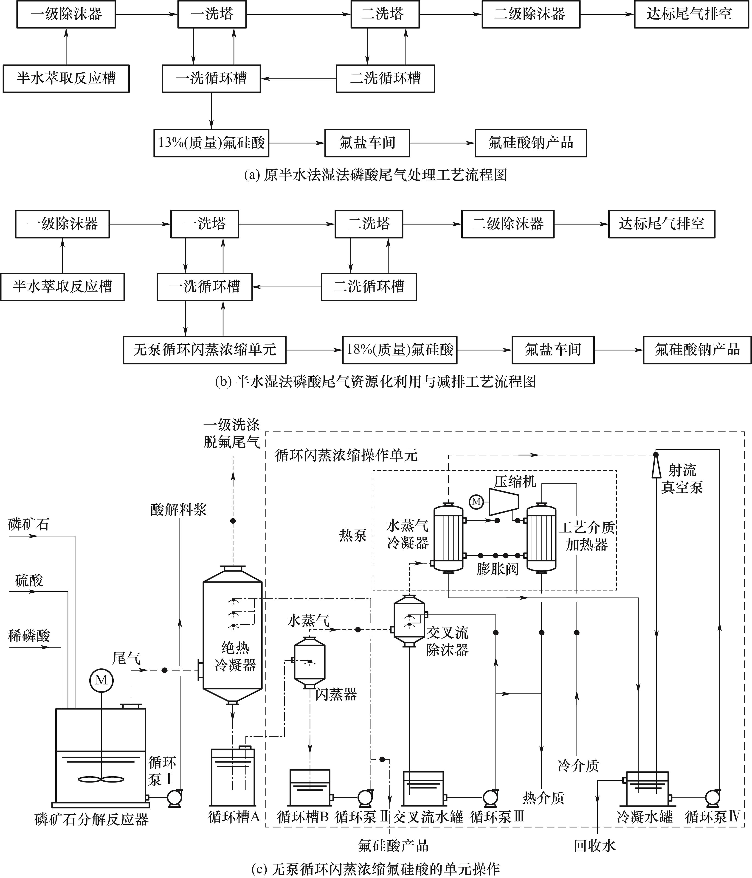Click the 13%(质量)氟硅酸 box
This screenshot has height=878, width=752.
pyautogui.click(x=211, y=143)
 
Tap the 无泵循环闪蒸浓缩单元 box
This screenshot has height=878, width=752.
pyautogui.click(x=204, y=350)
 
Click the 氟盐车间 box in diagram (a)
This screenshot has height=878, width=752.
pyautogui.click(x=367, y=143)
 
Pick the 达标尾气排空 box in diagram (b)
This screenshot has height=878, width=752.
pyautogui.click(x=661, y=224)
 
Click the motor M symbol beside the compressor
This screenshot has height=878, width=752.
pyautogui.click(x=476, y=502)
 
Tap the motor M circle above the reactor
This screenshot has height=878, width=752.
pyautogui.click(x=101, y=680)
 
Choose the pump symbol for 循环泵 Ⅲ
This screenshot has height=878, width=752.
pyautogui.click(x=490, y=797)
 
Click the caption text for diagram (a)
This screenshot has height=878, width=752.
pyautogui.click(x=376, y=175)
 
